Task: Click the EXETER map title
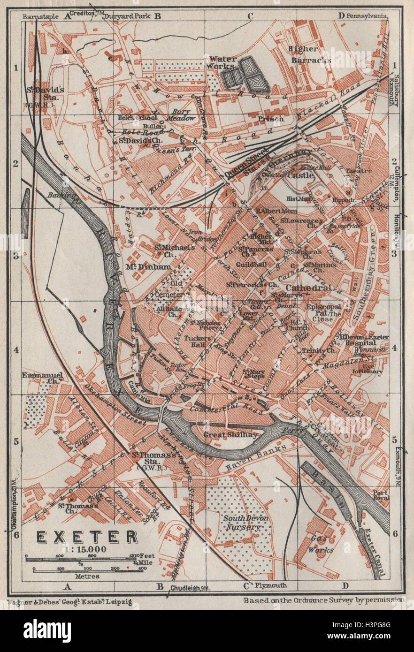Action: [80, 537]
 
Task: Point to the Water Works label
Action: [222, 63]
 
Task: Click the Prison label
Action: [270, 119]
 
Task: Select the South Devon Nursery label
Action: [242, 523]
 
